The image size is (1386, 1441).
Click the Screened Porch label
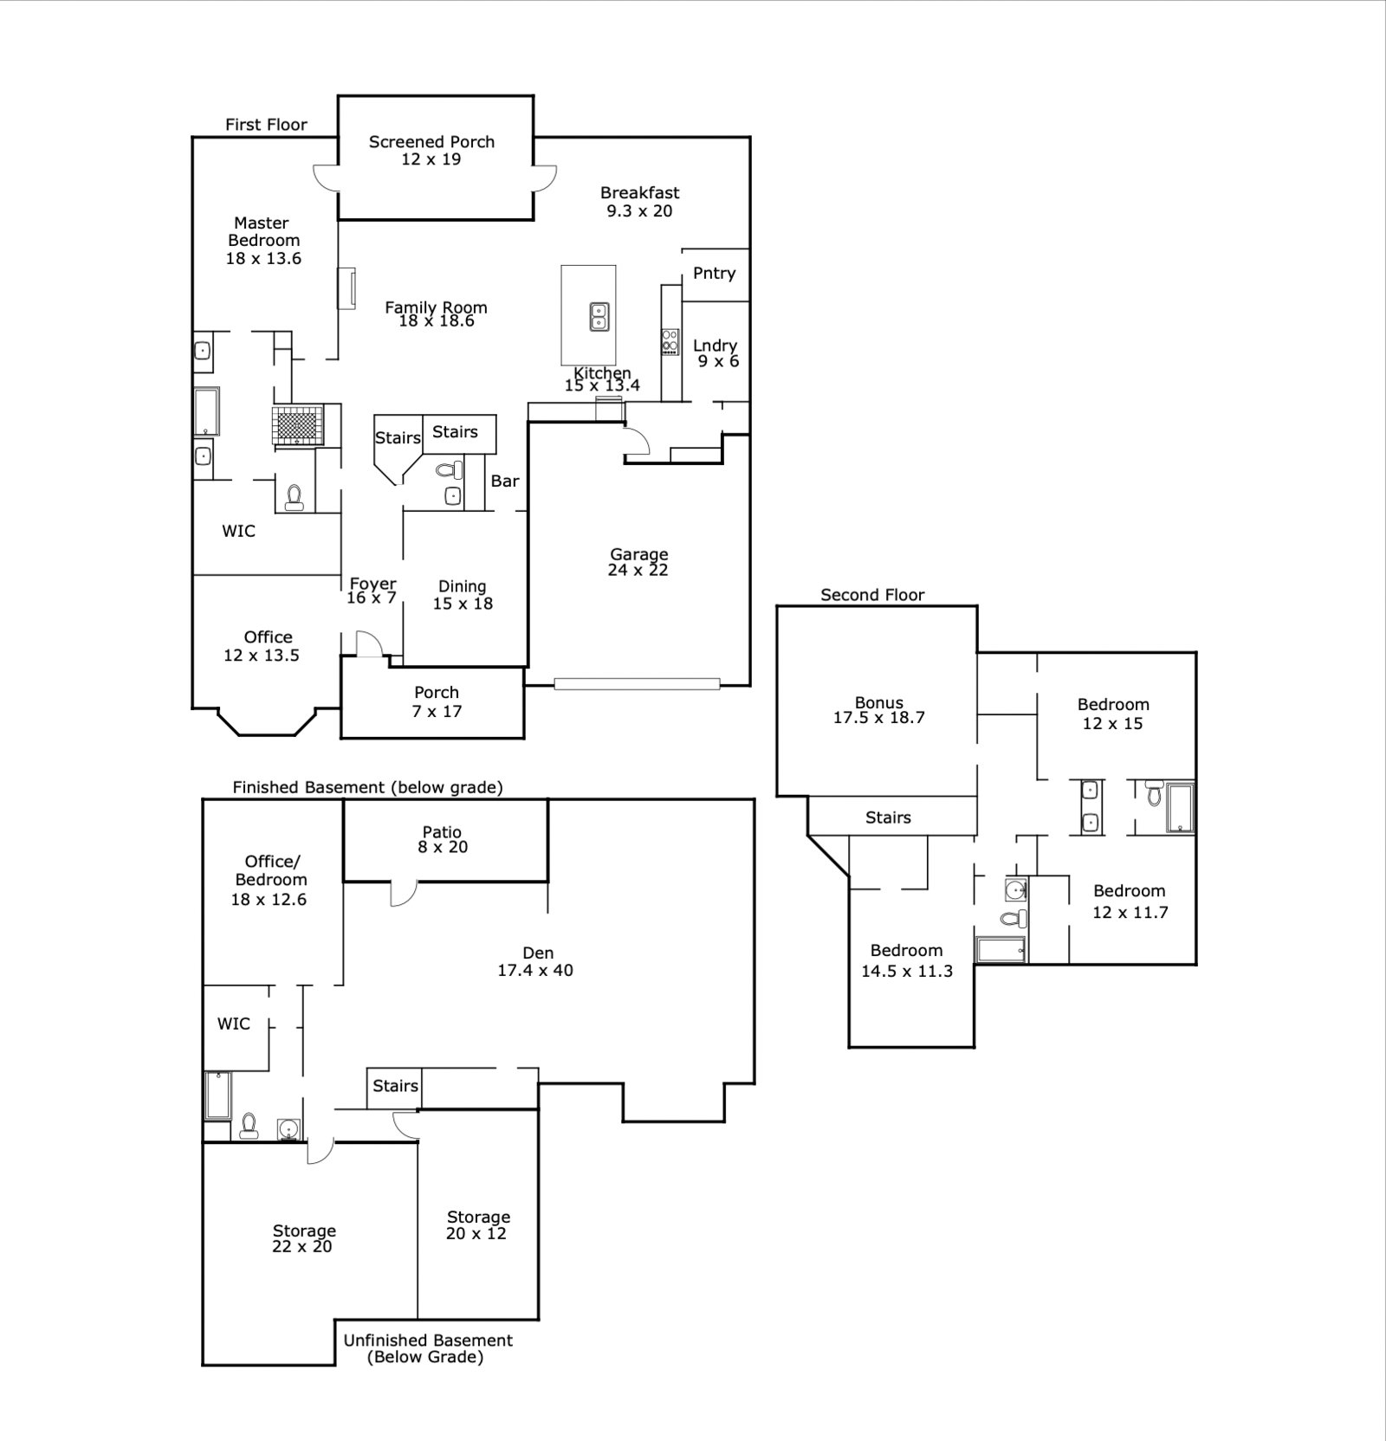(x=431, y=142)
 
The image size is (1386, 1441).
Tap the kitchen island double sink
(x=598, y=317)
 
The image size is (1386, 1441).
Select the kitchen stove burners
(x=670, y=341)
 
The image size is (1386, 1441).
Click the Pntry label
(x=715, y=274)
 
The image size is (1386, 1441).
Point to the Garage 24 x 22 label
(x=638, y=562)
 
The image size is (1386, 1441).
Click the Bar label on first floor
(x=505, y=481)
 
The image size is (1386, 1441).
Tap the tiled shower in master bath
(x=298, y=424)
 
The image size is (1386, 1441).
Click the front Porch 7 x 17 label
(x=437, y=701)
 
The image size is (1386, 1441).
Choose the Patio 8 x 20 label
(x=443, y=840)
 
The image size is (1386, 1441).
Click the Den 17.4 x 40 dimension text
(x=535, y=971)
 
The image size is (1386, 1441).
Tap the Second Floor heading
(x=872, y=595)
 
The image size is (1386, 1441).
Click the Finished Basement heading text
(x=367, y=787)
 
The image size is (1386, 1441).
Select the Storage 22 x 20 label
(x=303, y=1238)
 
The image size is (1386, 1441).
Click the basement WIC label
(x=234, y=1024)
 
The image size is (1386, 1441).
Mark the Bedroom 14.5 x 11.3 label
(x=907, y=960)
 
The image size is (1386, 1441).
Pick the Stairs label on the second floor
(x=888, y=817)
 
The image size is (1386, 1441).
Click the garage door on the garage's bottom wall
(x=637, y=684)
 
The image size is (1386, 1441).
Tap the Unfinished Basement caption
(x=428, y=1348)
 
